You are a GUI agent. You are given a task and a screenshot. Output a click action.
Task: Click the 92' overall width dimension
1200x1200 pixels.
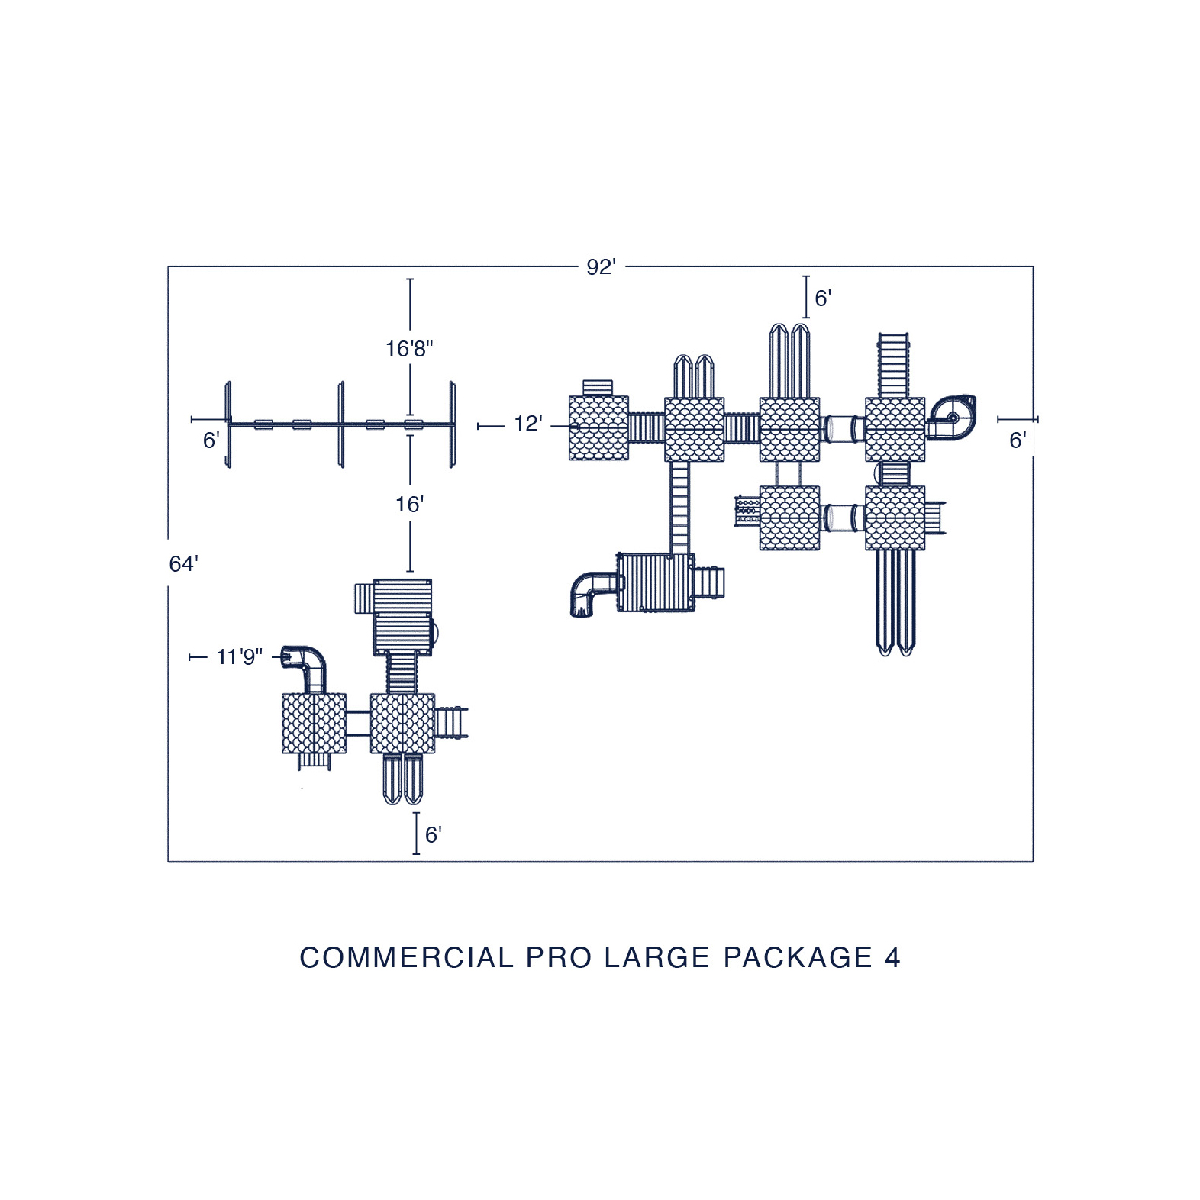601,267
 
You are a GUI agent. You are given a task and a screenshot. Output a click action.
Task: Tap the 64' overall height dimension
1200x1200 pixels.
183,563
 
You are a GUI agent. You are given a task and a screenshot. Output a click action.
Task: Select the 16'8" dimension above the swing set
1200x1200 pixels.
409,349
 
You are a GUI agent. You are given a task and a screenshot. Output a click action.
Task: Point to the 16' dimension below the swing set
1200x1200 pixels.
409,505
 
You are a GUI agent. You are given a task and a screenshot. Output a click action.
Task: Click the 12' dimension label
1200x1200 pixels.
528,424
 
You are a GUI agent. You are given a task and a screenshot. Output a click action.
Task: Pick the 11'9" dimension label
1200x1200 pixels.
239,656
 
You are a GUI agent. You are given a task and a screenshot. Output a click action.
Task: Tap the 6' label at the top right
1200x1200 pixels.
823,298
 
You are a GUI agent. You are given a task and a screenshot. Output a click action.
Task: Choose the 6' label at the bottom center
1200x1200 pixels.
433,835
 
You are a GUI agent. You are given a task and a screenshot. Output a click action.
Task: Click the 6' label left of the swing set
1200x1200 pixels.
211,440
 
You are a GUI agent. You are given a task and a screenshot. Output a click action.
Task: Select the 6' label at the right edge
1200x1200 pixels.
1018,440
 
